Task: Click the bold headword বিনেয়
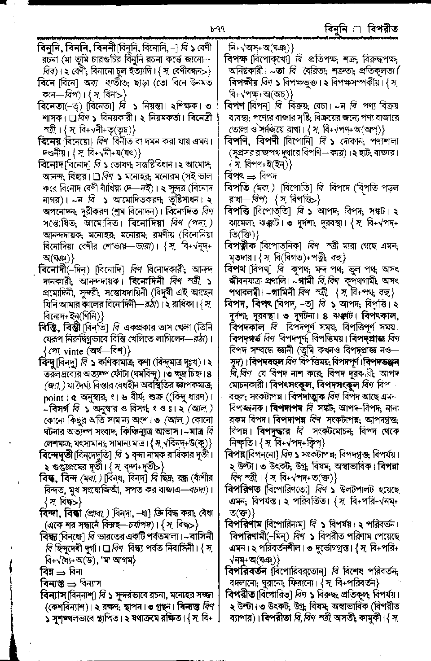(49, 142)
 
